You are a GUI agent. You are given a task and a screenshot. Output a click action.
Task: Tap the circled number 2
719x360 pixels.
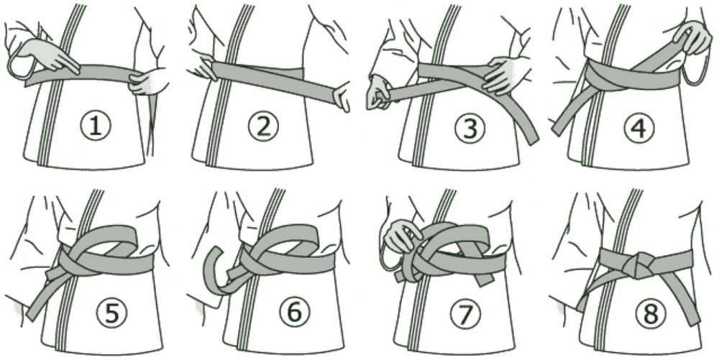tap(263, 126)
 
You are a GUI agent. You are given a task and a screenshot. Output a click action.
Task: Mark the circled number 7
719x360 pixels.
tap(466, 314)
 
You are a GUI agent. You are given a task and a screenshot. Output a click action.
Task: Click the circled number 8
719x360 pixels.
tap(650, 313)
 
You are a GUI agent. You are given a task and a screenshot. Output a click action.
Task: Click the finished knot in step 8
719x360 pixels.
tap(635, 264)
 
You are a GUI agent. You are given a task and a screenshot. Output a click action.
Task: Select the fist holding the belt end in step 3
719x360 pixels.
tap(379, 94)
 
